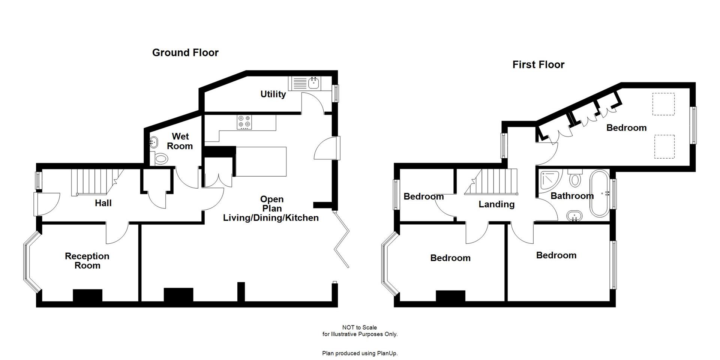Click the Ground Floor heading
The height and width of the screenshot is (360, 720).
185,52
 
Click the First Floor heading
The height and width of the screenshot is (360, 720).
538,64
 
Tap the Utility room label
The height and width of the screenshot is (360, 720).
273,94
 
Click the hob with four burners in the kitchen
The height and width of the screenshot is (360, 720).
244,122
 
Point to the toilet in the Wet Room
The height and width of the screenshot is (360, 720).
161,159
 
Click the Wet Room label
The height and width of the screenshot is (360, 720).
180,141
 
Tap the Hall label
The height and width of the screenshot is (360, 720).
103,203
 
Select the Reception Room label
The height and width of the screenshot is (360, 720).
87,261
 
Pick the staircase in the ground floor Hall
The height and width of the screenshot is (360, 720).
94,182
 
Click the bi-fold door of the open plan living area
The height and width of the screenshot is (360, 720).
342,240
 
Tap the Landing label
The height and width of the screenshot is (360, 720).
496,204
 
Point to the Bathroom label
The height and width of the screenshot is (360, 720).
572,196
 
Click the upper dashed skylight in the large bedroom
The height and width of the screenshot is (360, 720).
663,104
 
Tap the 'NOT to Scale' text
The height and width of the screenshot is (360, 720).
359,327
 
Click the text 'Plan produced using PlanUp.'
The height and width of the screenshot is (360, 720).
360,353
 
